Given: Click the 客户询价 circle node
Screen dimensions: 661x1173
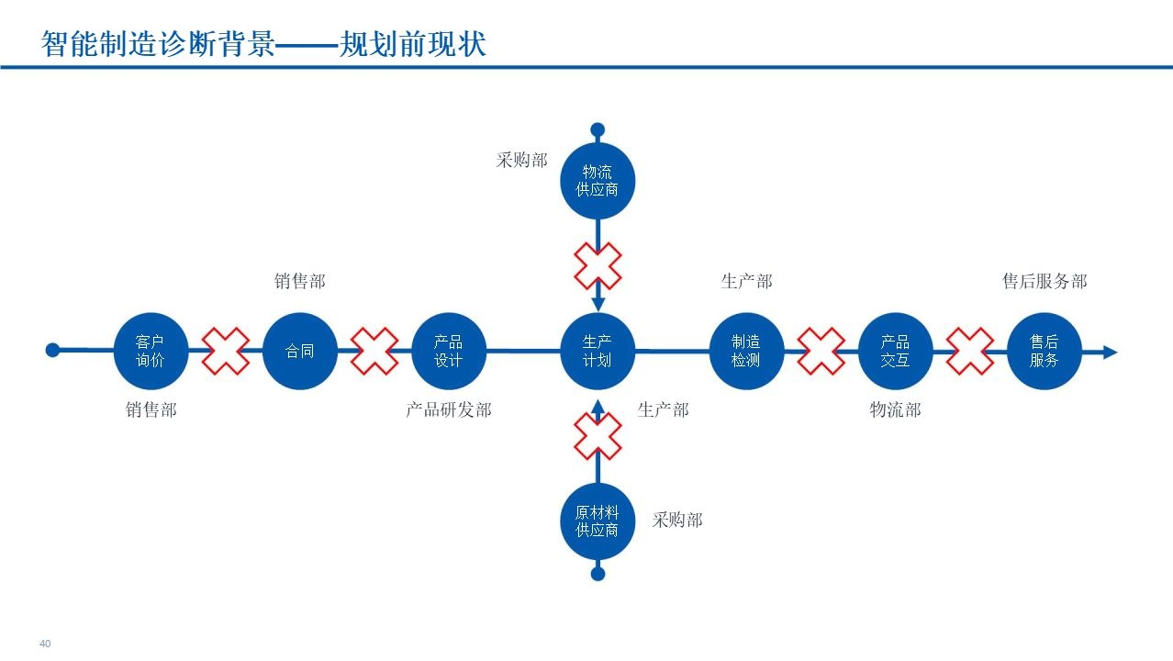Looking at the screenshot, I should click(x=151, y=351).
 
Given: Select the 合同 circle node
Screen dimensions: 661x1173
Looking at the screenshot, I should click(x=300, y=351).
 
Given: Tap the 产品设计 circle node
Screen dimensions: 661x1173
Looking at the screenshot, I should click(x=449, y=351).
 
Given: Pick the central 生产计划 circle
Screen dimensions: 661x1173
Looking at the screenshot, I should click(x=598, y=351).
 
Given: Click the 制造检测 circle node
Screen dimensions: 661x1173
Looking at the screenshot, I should click(x=746, y=351).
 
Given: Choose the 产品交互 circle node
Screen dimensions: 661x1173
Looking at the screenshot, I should click(x=895, y=351).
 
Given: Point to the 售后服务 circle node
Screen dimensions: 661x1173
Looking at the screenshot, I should click(x=1045, y=351).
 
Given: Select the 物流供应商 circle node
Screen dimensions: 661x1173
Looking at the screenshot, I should click(x=598, y=181).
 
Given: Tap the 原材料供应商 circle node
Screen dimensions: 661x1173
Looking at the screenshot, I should click(x=598, y=521).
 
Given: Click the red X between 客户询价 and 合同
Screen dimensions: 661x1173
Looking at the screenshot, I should click(x=226, y=351).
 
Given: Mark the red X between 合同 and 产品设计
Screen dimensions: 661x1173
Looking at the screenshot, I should click(x=374, y=351).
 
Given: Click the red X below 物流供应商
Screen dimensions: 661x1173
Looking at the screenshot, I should click(x=598, y=265).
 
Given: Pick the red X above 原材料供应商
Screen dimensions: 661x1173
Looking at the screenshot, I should click(x=598, y=436).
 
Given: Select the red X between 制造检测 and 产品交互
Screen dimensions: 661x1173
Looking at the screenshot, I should click(x=821, y=351).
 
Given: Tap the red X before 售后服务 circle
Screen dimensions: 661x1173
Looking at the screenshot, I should click(x=970, y=351).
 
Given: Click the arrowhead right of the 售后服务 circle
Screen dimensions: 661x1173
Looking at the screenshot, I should click(x=1110, y=352).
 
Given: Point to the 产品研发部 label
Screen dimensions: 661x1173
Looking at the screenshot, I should click(x=449, y=409).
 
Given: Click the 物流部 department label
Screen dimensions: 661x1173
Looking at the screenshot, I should click(x=895, y=409).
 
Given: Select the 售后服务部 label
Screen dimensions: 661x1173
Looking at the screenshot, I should click(x=1045, y=281).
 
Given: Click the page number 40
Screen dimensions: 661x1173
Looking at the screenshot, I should click(x=45, y=644).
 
